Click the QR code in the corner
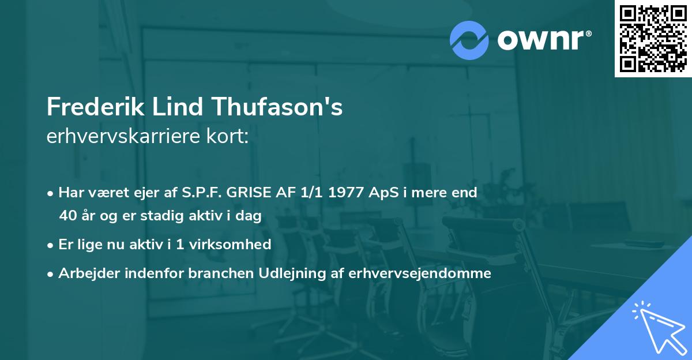(x=653, y=38)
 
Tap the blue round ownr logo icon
(x=469, y=40)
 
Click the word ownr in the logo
(x=544, y=39)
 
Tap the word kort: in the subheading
(x=229, y=137)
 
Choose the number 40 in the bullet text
(x=67, y=216)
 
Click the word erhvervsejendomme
(x=420, y=273)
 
